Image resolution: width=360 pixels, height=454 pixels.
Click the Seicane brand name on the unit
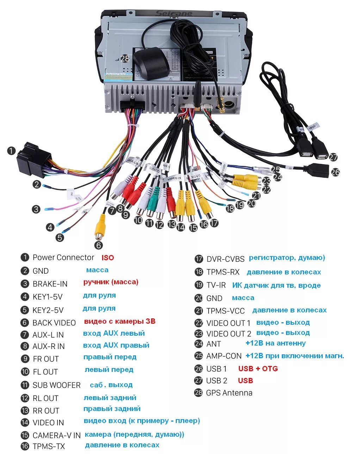174,14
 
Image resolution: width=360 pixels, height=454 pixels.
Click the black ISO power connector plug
33,158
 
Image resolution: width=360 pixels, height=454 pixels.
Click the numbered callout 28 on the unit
125,58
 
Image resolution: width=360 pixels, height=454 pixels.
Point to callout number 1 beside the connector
12,151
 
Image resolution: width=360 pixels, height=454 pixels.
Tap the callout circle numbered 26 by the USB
335,172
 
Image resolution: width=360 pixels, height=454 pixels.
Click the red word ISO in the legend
108,257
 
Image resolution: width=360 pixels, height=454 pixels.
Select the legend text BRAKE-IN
50,284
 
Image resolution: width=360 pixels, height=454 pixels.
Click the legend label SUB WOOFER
56,385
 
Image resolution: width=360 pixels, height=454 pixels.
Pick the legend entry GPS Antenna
229,393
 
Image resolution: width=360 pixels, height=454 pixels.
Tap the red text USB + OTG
258,369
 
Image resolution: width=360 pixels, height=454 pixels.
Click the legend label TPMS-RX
223,272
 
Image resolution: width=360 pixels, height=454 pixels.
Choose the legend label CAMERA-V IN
56,435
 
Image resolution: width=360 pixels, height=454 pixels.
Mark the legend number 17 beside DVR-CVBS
199,259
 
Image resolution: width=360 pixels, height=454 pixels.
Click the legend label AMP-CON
224,356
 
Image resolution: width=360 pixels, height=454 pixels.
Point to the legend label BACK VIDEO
54,323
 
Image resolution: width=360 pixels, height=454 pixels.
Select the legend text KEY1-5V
47,297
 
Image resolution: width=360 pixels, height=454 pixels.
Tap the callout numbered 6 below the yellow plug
98,245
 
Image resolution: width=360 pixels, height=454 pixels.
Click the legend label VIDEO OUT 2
229,334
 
